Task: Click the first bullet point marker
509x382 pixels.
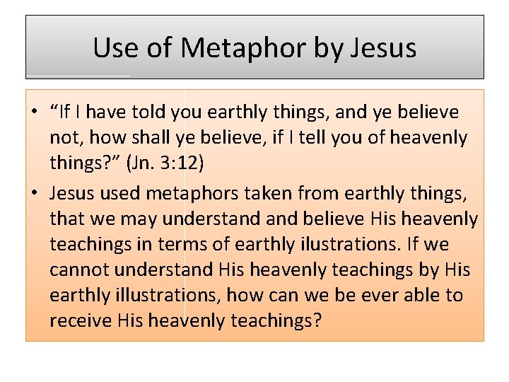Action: [x=35, y=112]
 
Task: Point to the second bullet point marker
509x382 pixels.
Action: [x=35, y=192]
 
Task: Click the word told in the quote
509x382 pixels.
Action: [x=163, y=112]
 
